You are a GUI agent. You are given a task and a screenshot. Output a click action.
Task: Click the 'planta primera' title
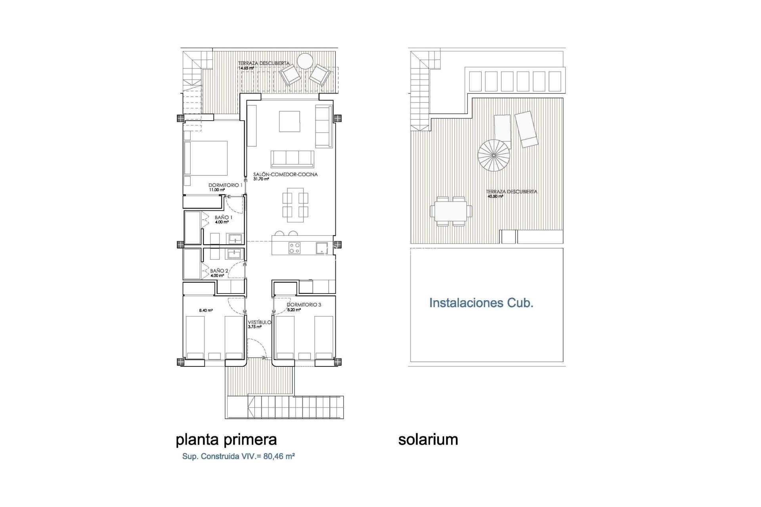(226, 440)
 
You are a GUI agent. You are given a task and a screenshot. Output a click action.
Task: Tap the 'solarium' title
(428, 440)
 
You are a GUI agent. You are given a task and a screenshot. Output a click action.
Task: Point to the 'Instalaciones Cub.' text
(481, 303)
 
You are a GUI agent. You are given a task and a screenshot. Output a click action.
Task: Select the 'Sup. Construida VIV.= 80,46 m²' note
(238, 456)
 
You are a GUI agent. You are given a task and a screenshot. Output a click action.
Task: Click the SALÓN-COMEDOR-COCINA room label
(285, 174)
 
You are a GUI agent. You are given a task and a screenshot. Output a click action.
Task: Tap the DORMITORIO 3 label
(304, 305)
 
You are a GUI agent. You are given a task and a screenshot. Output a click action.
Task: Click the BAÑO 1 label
(224, 217)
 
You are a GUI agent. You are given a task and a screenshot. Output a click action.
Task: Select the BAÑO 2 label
(219, 271)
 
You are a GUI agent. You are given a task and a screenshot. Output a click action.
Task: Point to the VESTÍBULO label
(259, 322)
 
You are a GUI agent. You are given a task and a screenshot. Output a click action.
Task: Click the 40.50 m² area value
(495, 196)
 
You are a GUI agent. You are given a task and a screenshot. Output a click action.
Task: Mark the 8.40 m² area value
(206, 311)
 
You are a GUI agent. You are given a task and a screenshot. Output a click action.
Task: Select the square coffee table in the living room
(289, 121)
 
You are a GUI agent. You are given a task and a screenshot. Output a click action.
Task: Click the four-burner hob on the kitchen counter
(294, 248)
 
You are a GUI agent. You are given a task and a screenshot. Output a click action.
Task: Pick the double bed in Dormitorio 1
(206, 158)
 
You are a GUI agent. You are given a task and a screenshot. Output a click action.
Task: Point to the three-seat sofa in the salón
(293, 159)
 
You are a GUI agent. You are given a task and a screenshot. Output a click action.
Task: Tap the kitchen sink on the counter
(321, 248)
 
